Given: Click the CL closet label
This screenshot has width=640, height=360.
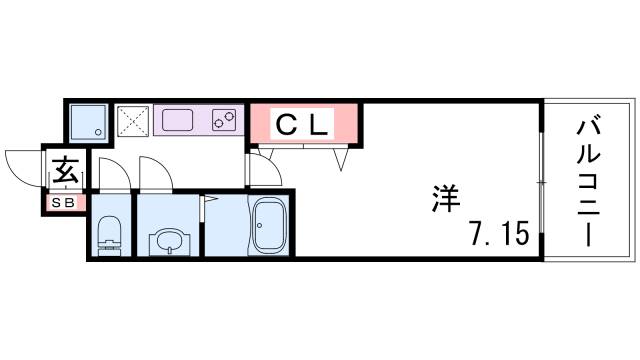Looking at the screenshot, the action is pyautogui.click(x=301, y=124).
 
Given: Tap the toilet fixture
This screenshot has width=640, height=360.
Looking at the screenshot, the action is pyautogui.click(x=108, y=237).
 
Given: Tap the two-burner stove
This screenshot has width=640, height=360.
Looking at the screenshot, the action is pyautogui.click(x=226, y=121).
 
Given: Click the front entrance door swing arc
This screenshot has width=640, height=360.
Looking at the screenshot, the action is pyautogui.click(x=22, y=162).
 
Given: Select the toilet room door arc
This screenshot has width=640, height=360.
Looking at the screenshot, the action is pyautogui.click(x=114, y=172).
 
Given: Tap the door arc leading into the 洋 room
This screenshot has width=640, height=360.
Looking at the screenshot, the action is pyautogui.click(x=261, y=170).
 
